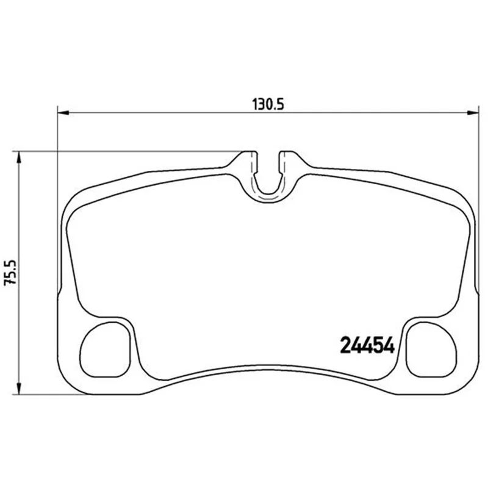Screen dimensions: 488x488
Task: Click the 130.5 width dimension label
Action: tap(268, 104)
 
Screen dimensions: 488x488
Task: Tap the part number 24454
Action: tap(368, 345)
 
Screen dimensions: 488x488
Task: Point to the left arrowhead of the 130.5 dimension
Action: tap(63, 113)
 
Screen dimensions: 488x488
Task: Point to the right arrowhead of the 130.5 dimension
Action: tap(472, 113)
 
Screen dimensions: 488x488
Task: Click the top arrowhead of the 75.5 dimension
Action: tap(20, 157)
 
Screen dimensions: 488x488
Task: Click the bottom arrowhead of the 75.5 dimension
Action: tap(20, 389)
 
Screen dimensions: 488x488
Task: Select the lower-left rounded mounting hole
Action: tap(105, 350)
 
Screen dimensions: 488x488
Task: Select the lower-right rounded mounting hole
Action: tap(432, 350)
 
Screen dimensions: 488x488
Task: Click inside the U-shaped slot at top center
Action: tap(268, 178)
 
